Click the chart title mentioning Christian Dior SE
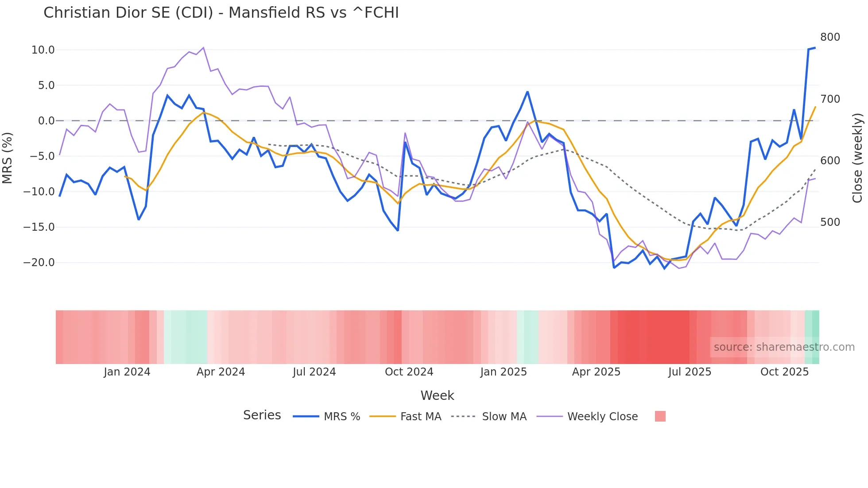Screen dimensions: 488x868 point(221,13)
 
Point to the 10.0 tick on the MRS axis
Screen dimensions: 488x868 point(43,50)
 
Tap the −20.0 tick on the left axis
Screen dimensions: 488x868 point(39,263)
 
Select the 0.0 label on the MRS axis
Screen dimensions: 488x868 point(46,121)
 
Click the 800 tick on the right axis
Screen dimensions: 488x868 point(830,37)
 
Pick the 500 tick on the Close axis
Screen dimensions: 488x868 point(830,222)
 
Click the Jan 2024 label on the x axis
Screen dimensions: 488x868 point(127,372)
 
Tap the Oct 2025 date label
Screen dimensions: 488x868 point(784,372)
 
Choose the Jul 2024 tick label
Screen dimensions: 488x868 point(314,372)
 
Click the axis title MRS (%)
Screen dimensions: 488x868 point(8,158)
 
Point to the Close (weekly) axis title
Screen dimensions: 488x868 point(857,158)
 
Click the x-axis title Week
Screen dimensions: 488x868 point(437,395)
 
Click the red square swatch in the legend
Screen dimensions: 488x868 point(660,416)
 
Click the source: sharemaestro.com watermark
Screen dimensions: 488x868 point(784,347)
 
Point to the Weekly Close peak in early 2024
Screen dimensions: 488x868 point(203,48)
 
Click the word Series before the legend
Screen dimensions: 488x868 point(262,415)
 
